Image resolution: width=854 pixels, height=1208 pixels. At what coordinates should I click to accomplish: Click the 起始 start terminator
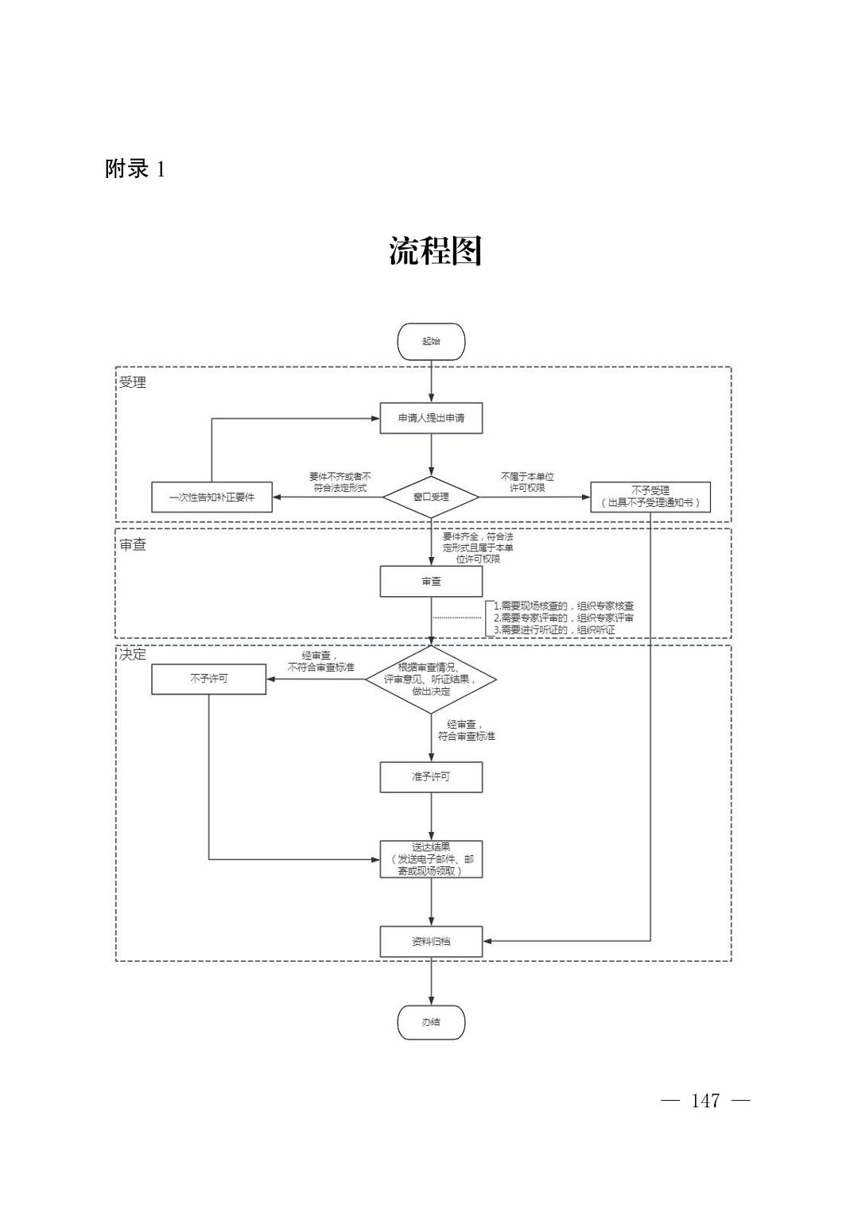click(431, 342)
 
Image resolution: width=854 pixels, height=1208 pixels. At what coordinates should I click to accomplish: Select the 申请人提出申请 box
click(431, 418)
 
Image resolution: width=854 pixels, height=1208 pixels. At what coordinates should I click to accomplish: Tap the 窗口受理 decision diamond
click(431, 498)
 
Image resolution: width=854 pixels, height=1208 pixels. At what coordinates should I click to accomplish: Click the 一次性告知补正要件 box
click(212, 498)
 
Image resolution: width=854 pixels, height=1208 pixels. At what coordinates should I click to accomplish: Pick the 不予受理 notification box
click(650, 498)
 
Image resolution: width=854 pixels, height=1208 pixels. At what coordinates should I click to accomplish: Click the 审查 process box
click(431, 582)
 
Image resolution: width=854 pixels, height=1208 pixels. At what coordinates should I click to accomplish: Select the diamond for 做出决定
click(431, 679)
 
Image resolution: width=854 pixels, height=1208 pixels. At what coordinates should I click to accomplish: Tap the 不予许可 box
click(208, 679)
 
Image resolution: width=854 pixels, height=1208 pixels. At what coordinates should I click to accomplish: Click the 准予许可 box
click(431, 777)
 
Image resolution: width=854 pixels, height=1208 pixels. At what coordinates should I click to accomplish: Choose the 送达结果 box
click(431, 859)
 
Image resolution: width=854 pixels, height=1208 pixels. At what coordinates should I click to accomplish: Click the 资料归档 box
click(431, 942)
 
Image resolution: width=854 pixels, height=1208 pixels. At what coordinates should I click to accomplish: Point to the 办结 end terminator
click(431, 1023)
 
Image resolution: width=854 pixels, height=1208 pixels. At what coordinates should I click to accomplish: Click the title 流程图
click(435, 251)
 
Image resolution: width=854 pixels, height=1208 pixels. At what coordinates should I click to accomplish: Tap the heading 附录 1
click(135, 169)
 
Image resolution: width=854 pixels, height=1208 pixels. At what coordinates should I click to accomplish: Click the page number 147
click(705, 1101)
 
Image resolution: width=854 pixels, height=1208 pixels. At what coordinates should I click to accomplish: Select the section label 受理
click(133, 382)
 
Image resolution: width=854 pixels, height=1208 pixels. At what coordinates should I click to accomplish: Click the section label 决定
click(133, 655)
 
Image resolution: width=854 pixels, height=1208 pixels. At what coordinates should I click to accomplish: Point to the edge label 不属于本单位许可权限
click(527, 482)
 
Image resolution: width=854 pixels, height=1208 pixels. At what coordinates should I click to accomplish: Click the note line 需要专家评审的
click(564, 618)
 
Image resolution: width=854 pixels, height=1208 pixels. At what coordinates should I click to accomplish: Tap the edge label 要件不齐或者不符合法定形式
click(340, 482)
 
